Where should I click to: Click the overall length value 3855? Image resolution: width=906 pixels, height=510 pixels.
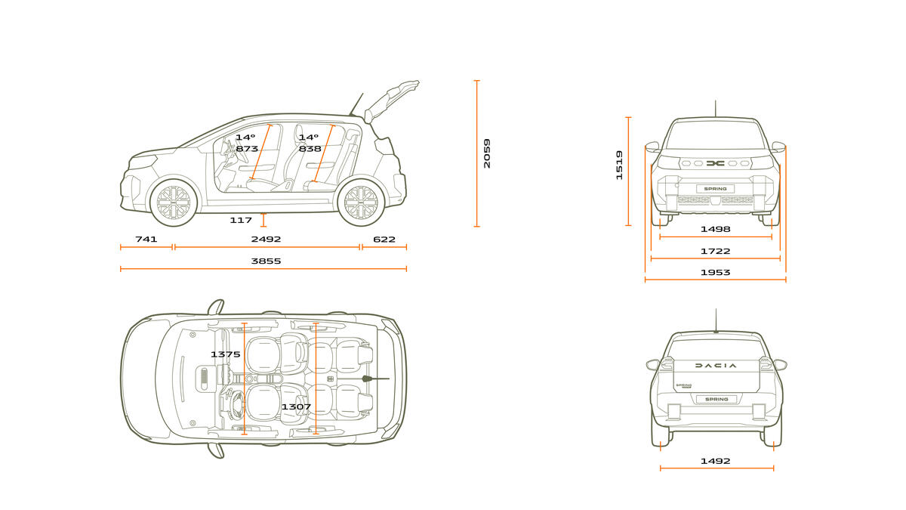coord(266,261)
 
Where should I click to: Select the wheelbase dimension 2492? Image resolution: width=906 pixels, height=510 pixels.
coord(266,240)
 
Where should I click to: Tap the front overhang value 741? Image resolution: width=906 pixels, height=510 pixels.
coord(146,240)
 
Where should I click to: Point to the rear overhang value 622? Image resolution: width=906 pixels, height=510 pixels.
coord(384,240)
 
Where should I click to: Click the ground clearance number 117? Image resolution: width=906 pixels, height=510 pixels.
coord(241,220)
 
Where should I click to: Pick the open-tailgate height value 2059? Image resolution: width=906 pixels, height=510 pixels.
coord(487,153)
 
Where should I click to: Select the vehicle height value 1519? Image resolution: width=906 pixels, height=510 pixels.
coord(619,165)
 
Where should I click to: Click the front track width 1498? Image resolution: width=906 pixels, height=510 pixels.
coord(715,229)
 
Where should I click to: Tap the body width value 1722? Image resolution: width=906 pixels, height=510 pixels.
coord(715,252)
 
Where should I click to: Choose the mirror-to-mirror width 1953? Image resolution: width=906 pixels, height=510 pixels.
coord(715,273)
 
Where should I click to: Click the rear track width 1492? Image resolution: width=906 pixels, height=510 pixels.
coord(715,461)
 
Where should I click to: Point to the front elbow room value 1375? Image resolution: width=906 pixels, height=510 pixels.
coord(225,354)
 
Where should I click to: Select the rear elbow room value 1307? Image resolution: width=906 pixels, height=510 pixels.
coord(296,406)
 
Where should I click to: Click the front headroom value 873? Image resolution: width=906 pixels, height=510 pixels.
coord(247,149)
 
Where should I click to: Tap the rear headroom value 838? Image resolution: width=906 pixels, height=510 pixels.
coord(310,149)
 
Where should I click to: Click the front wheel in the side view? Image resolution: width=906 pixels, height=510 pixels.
coord(174,202)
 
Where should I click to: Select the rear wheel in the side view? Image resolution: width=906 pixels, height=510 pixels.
coord(361,202)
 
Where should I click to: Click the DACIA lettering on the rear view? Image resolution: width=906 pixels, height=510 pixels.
coord(716,366)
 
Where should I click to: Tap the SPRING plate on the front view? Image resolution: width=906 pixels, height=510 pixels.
coord(715,189)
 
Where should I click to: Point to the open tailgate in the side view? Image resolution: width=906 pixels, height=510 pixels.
coord(390,100)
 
